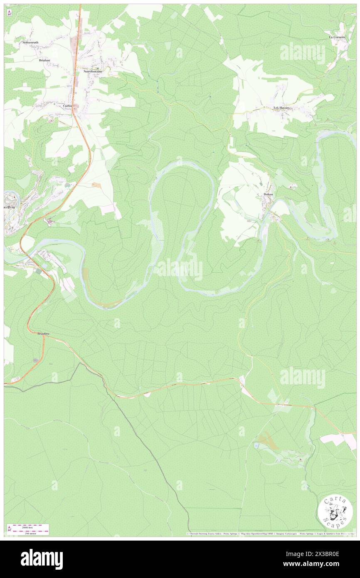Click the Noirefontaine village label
[93, 71]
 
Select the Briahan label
[44, 60]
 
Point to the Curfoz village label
[67, 106]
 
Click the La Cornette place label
[337, 37]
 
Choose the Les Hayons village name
[281, 108]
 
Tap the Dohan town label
[268, 194]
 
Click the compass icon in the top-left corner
[9, 12]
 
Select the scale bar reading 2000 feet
[27, 526]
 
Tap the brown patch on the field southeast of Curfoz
[96, 185]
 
